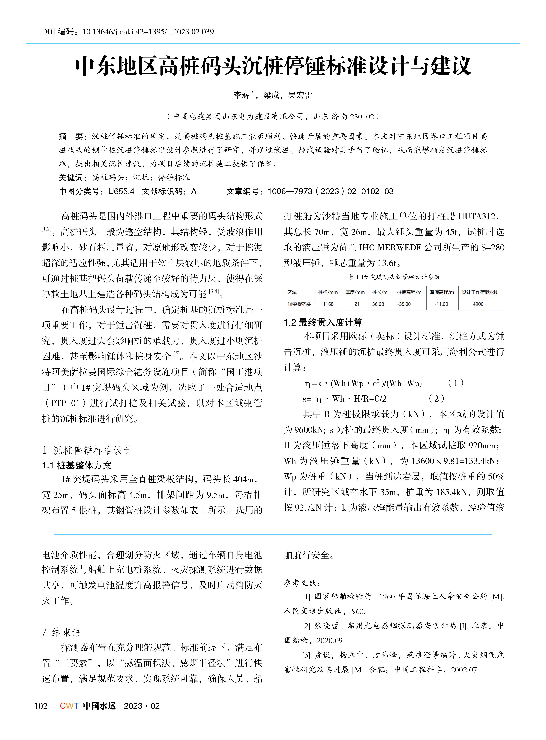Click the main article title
tap(273, 66)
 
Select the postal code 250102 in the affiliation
tap(362, 116)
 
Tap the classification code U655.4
tap(121, 191)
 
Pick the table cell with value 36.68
tap(378, 304)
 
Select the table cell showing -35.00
tap(404, 304)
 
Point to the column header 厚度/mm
tap(355, 292)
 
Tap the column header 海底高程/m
tap(442, 292)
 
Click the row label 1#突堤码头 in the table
tap(299, 304)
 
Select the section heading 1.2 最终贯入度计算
tap(323, 322)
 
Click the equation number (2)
tap(436, 399)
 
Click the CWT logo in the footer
tap(69, 706)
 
